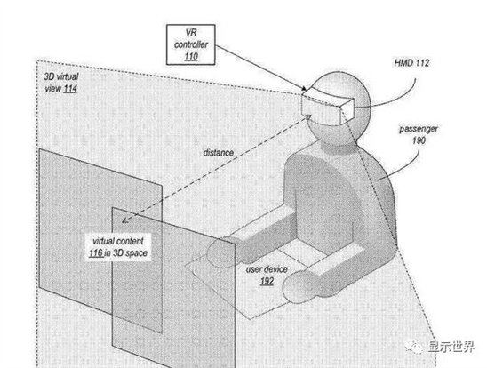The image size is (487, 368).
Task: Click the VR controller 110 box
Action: [191, 44]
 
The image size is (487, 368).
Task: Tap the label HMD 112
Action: [411, 63]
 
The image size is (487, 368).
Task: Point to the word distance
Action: [218, 153]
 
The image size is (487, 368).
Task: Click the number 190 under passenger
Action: [419, 140]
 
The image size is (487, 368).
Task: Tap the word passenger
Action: [419, 129]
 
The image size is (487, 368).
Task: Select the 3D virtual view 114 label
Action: [60, 83]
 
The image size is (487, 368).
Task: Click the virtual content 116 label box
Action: [118, 247]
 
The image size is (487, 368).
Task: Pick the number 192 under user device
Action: [267, 282]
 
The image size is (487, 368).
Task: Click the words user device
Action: [267, 269]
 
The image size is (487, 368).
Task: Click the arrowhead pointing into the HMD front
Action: [308, 116]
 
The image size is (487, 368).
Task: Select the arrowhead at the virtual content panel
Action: [125, 220]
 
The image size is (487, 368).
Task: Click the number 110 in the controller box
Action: [191, 57]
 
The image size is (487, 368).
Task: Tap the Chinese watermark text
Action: [451, 347]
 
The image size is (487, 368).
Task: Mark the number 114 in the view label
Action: [70, 89]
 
